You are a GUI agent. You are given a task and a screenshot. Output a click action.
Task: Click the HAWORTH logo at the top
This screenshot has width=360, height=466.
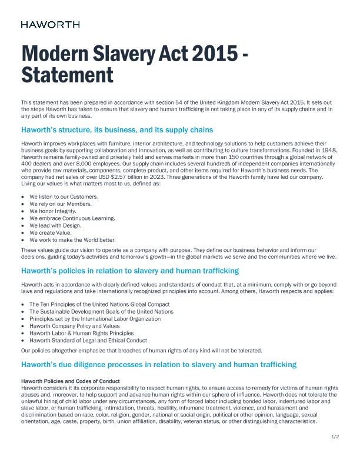click(50, 25)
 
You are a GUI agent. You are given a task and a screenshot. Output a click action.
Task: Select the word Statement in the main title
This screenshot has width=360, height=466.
click(66, 75)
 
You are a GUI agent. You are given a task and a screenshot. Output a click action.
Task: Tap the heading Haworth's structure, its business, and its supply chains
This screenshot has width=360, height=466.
click(116, 129)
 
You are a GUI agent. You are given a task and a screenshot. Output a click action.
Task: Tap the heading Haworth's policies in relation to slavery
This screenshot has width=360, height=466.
click(129, 271)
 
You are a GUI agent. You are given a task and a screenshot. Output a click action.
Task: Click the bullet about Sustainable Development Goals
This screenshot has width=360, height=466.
click(101, 311)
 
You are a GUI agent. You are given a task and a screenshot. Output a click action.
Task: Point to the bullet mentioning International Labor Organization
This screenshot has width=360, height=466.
click(95, 318)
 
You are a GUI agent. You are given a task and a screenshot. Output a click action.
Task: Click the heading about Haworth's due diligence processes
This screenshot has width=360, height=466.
click(159, 365)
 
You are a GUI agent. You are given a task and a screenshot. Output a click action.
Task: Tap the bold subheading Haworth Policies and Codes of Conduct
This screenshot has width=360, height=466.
click(70, 381)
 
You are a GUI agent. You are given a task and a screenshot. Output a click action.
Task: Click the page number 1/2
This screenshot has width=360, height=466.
click(335, 436)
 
